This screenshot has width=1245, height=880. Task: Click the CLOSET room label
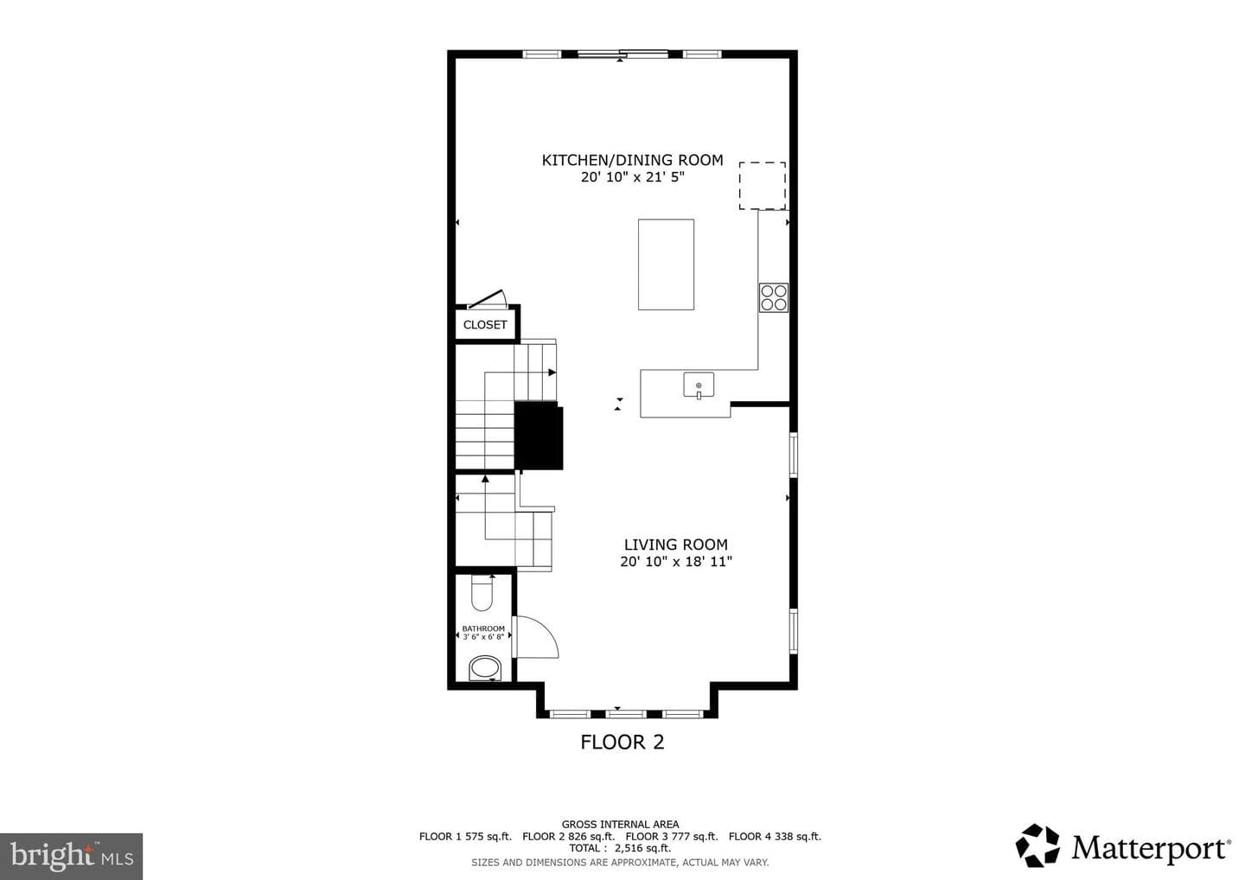click(485, 324)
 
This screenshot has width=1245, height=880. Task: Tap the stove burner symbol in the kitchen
click(774, 297)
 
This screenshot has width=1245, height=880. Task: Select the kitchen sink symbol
click(699, 385)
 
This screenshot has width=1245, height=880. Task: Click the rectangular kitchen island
click(666, 265)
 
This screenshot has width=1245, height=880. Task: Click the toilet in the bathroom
click(482, 593)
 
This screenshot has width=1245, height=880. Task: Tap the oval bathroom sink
click(485, 668)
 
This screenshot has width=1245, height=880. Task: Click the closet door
click(486, 298)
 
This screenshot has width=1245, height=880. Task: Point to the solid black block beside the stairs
click(538, 436)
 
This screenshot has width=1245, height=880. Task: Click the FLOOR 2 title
click(622, 743)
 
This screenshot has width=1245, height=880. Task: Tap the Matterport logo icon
click(1037, 845)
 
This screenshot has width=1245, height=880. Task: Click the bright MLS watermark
click(71, 856)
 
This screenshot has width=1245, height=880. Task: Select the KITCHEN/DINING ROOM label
click(633, 160)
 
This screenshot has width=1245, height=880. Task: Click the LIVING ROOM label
click(676, 545)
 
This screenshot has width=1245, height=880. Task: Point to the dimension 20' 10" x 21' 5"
click(633, 177)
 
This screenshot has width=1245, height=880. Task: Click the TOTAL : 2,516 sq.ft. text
click(620, 848)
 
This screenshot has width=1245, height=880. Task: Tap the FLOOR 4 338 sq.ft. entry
click(775, 836)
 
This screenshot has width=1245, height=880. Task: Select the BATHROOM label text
click(483, 628)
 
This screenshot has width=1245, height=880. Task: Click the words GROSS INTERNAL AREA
click(620, 825)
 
